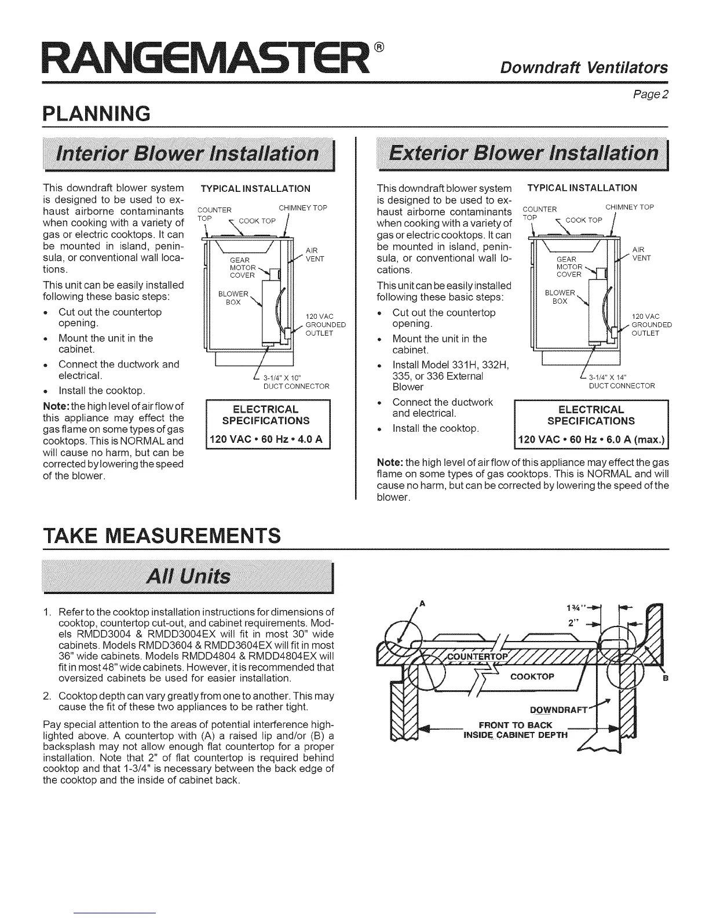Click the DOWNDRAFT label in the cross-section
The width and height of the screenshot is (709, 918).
(x=558, y=711)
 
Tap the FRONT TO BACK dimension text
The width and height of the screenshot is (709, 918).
(x=516, y=724)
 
